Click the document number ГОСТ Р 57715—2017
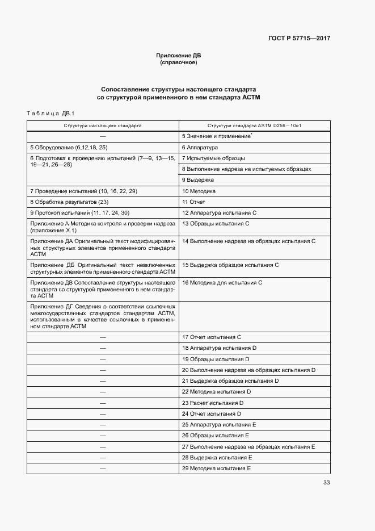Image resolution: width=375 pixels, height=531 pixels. [299, 39]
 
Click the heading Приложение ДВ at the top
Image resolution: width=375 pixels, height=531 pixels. [179, 55]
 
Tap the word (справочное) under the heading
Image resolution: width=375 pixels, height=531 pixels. [179, 62]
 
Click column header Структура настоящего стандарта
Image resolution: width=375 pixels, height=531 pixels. [103, 125]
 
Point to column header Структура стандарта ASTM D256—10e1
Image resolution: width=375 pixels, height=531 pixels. [254, 125]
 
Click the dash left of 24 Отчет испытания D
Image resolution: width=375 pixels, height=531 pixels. [103, 413]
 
